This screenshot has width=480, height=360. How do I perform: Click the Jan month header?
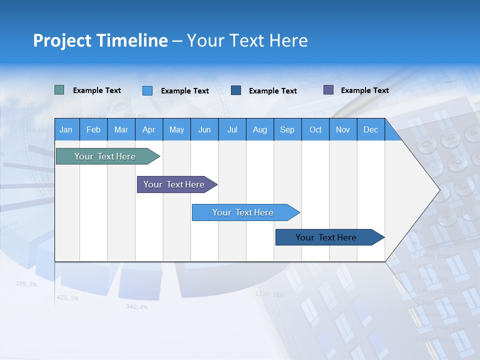point(66,129)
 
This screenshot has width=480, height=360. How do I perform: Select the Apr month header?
point(148,129)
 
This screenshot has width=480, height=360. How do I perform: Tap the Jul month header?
point(232,129)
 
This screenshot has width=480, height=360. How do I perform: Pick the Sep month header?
point(287,129)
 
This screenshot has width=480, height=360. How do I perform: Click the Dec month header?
point(370,129)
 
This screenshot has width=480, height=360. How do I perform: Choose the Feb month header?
point(93,129)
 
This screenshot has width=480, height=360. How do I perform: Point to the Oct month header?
point(315,129)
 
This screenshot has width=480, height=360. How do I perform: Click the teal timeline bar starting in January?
point(105,156)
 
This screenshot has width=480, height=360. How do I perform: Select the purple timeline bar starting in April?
point(174,184)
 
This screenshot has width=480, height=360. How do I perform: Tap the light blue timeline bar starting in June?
point(243,212)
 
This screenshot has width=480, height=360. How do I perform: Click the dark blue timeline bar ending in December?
point(326,237)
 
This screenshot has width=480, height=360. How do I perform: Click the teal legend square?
point(59,90)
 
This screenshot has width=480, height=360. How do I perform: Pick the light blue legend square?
point(147,90)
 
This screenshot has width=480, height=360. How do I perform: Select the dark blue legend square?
point(236,90)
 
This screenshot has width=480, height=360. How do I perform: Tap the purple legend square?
point(328,90)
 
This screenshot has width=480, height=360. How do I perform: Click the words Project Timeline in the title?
point(100,40)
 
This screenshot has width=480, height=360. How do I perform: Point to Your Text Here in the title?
point(247,40)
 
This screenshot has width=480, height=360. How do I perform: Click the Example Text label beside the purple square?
point(364,90)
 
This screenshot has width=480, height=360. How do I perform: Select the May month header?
point(176,129)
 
